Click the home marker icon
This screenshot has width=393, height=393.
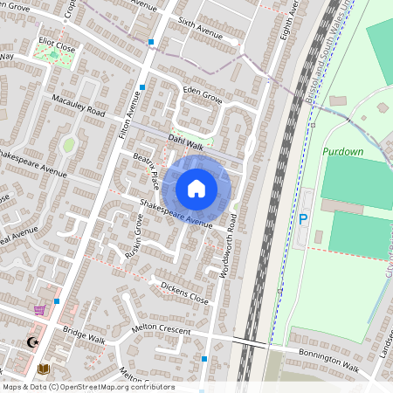click(196, 189)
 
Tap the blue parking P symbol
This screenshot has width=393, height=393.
click(303, 220)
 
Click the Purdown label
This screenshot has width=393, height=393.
click(341, 151)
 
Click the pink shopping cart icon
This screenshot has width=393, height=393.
click(39, 309)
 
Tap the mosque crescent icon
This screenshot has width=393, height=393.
click(34, 342)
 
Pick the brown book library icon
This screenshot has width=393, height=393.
click(44, 368)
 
